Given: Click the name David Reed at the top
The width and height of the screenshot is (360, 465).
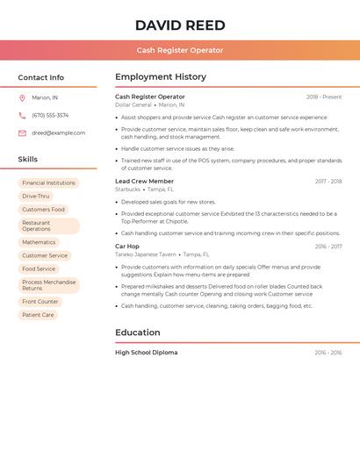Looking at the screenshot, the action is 180,25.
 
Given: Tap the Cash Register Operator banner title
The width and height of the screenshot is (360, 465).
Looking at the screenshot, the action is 180,50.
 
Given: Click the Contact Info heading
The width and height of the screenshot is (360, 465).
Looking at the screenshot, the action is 40,77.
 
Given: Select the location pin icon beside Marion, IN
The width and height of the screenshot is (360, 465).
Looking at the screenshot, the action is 22,98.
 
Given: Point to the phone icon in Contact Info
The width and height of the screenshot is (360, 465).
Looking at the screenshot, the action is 22,116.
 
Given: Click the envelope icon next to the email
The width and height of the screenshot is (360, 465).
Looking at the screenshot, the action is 22,133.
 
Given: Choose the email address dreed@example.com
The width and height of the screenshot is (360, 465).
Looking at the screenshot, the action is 59,133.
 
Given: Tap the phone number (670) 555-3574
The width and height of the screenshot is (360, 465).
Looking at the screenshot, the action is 50,116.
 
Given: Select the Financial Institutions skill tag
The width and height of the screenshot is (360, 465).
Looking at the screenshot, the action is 48,183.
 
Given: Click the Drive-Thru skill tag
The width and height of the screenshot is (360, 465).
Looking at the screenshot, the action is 36,197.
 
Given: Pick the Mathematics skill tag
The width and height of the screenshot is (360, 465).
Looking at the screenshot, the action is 39,242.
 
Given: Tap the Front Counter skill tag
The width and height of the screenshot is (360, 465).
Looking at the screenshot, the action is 40,302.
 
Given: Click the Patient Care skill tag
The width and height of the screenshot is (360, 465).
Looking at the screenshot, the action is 38,315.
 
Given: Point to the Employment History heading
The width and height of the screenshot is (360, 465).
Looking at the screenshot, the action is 161,77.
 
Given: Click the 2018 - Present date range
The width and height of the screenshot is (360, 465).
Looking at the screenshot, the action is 324,97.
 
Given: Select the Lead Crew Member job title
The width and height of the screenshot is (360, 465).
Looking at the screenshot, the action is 145,181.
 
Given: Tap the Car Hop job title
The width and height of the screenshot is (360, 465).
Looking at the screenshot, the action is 127,247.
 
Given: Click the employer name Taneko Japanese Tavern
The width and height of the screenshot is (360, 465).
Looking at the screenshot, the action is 146,254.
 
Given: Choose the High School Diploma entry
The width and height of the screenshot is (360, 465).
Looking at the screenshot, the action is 147,353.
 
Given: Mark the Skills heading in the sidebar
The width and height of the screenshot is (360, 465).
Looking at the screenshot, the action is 27,160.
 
